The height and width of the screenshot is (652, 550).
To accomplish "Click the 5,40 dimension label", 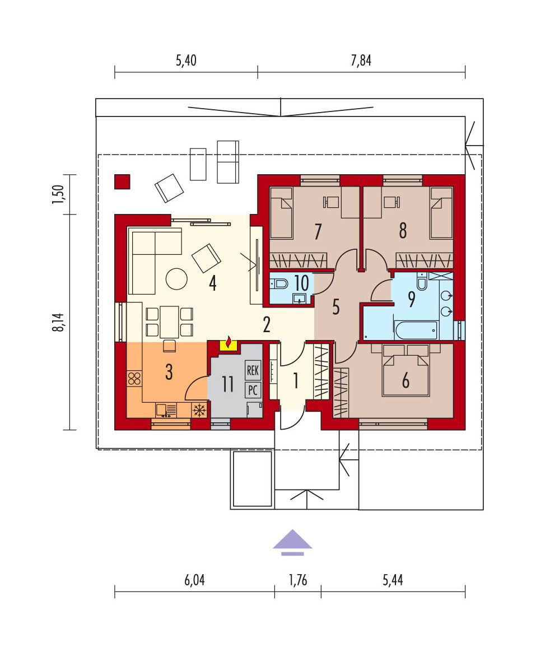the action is (186, 60).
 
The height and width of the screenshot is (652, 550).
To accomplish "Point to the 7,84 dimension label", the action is (361, 60).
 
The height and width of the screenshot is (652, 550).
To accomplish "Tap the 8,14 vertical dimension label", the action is (59, 322).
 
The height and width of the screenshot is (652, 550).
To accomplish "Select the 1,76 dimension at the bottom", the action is (298, 580).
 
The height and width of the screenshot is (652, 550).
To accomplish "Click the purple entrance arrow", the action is (292, 543).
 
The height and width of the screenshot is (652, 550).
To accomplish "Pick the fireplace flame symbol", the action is (228, 343).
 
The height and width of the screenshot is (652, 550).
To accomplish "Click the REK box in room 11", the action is (253, 370).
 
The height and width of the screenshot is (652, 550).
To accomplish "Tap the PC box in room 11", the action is (253, 390).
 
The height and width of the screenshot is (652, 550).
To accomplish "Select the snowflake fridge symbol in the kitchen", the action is (200, 410).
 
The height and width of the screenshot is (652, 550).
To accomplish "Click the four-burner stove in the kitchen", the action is (134, 379).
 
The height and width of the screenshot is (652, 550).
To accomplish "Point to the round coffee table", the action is (176, 278).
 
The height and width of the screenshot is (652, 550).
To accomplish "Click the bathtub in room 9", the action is (416, 330).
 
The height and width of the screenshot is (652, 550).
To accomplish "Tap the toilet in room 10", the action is (279, 284).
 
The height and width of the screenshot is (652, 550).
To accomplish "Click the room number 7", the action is (318, 231).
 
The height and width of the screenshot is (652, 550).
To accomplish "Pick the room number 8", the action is (403, 231).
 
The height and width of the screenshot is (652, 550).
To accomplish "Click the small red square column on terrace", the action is (122, 181).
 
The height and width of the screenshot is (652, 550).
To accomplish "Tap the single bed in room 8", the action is (441, 213).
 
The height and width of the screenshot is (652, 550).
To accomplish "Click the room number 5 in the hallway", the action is (336, 307).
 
